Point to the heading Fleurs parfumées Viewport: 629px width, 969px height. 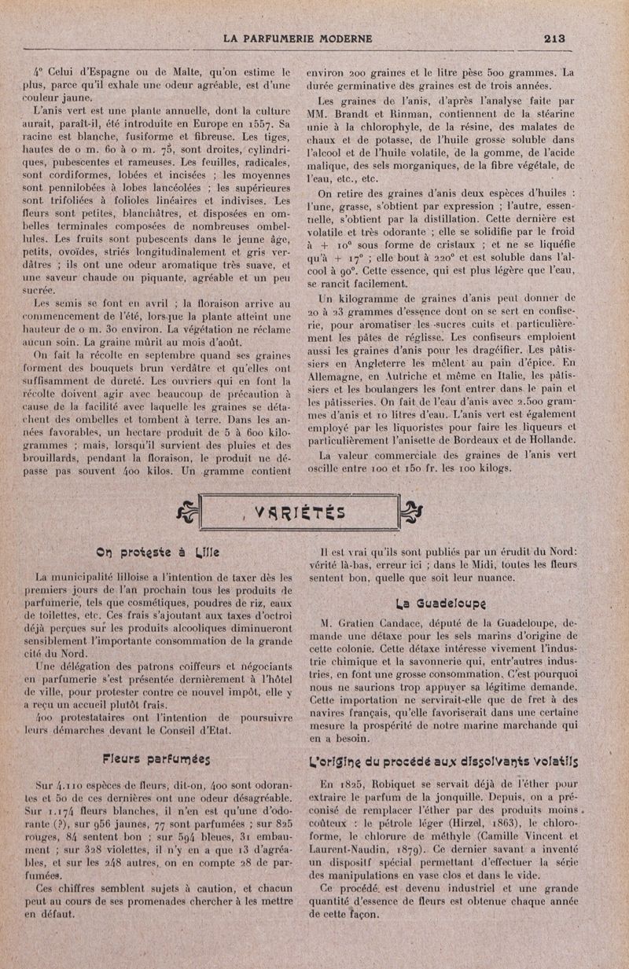click(x=158, y=758)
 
